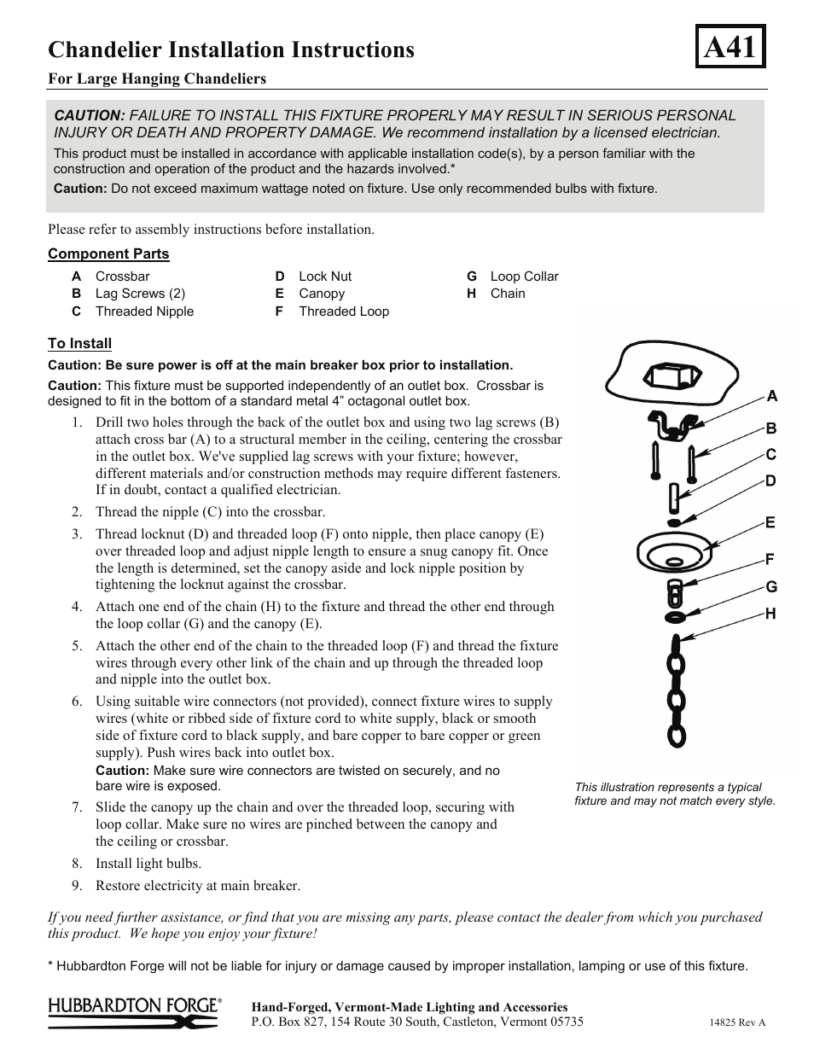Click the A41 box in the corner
(730, 47)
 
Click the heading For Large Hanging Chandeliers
(157, 79)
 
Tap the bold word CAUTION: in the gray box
(90, 115)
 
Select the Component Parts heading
(108, 253)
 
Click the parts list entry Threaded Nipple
(144, 312)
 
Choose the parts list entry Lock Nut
(324, 277)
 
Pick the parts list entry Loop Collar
(524, 277)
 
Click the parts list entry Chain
(508, 294)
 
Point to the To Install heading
(79, 343)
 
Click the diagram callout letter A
(771, 396)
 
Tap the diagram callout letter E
(770, 522)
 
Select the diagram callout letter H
(770, 614)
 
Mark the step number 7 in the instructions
(77, 807)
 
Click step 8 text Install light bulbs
(148, 864)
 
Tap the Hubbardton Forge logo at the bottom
(135, 1012)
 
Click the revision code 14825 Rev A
(737, 1022)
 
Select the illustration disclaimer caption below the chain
(675, 795)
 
